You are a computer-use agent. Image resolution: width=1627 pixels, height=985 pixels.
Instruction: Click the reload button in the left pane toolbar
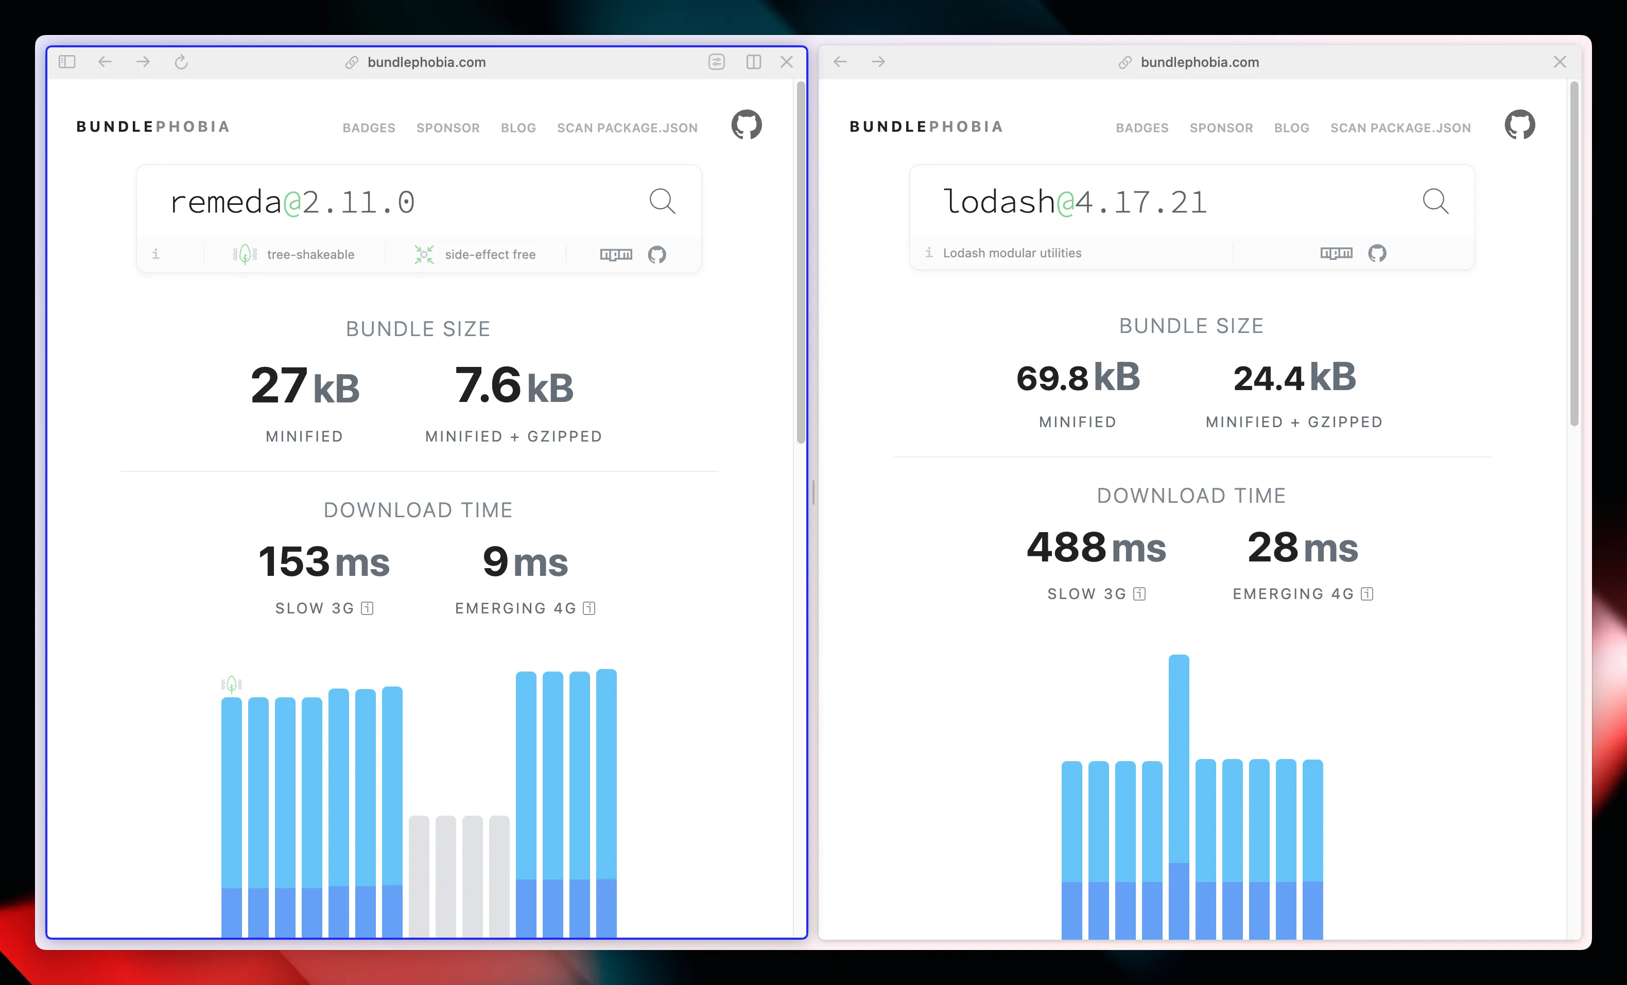(181, 62)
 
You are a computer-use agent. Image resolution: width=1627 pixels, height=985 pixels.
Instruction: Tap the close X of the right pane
(1560, 62)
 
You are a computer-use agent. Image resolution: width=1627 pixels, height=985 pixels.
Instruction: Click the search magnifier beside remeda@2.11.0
(662, 201)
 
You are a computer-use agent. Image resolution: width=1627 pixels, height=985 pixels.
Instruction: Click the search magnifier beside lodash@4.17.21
(1435, 201)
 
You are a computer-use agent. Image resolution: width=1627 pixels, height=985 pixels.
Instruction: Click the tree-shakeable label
(310, 255)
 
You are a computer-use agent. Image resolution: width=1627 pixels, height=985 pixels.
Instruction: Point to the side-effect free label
(490, 255)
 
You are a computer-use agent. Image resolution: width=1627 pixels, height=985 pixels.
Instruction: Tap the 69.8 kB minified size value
(1078, 378)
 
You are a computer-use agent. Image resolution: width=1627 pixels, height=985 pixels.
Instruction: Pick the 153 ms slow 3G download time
(323, 562)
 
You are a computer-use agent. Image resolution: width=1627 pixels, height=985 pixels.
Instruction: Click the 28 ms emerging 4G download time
(1302, 548)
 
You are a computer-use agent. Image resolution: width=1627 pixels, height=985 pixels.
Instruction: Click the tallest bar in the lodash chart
(1179, 792)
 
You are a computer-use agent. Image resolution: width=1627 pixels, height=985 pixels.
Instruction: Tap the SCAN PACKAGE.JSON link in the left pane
(627, 128)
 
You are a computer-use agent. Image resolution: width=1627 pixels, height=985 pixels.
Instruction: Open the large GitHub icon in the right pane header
(1519, 125)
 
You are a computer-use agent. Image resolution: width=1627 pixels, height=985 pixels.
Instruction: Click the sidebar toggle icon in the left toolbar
(67, 62)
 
